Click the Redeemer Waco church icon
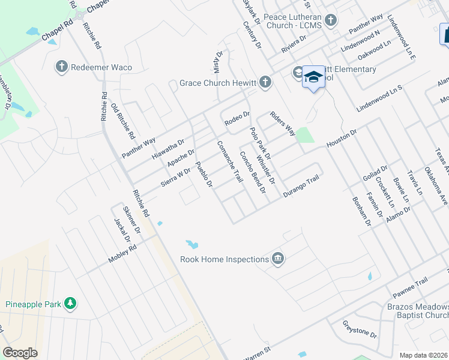coord(61,67)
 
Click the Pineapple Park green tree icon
coord(71,304)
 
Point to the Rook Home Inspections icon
coord(277,259)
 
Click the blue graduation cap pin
coord(313,77)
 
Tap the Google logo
coord(20,353)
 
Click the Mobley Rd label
coord(122,254)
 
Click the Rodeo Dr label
coord(237,118)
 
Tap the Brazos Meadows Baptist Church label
coord(416,311)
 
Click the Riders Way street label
coord(282,122)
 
